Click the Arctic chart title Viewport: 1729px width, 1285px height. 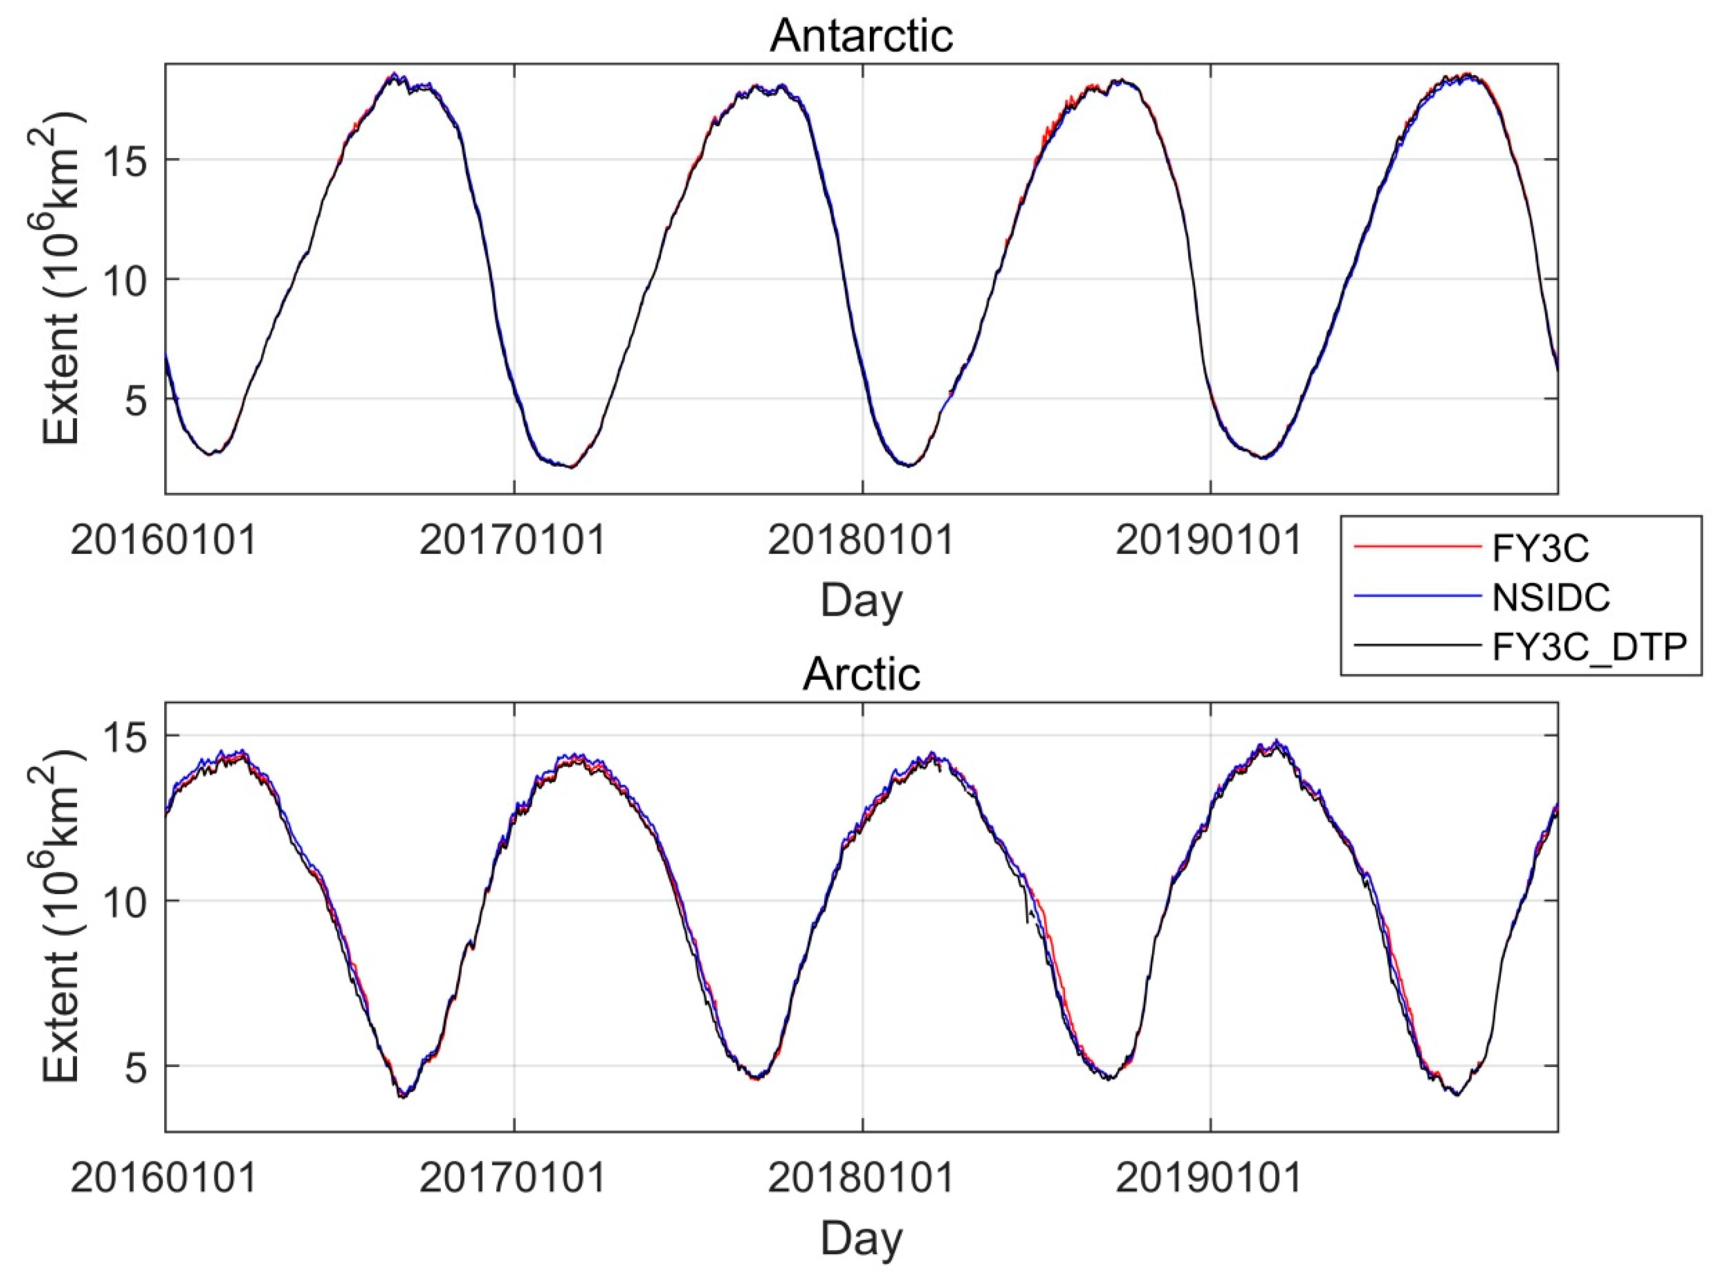pos(861,674)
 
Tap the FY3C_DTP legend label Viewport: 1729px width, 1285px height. pos(1589,646)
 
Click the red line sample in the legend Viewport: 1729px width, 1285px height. pos(1417,547)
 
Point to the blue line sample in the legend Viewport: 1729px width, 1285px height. pos(1417,596)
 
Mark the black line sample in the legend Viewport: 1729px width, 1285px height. pos(1417,645)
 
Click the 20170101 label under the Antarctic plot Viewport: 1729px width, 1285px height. pos(512,540)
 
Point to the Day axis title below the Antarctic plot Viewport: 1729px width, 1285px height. pos(861,601)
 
